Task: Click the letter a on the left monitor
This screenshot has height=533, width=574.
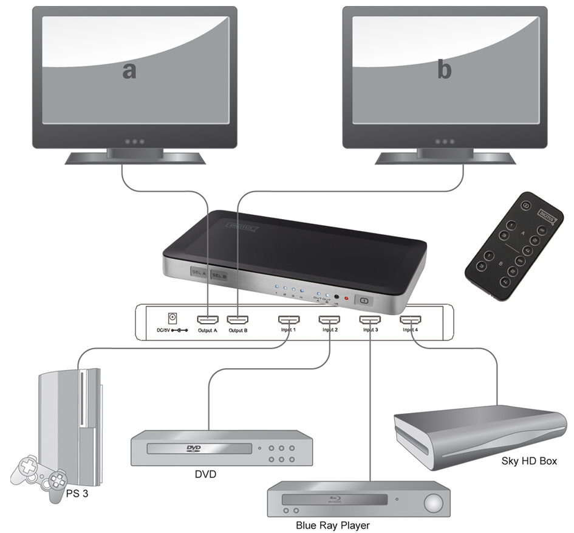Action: (x=129, y=71)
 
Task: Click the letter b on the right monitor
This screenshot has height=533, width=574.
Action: (x=445, y=70)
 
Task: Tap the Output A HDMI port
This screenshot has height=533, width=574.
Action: (x=207, y=319)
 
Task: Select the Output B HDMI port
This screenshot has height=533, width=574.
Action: (x=237, y=319)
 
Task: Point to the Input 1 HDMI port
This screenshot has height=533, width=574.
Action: (x=287, y=319)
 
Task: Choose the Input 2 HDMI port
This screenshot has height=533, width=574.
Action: (x=329, y=319)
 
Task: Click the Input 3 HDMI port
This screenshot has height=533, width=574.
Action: (x=369, y=319)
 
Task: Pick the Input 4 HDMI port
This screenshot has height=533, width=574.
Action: (x=410, y=319)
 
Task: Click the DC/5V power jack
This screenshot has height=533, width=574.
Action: (x=173, y=318)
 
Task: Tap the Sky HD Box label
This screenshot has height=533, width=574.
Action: (x=528, y=461)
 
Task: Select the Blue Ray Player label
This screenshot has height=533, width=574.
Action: (x=332, y=525)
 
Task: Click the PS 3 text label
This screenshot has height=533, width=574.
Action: (x=77, y=493)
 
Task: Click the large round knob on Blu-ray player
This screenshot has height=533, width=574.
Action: (x=433, y=503)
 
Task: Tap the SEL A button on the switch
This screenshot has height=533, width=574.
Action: (x=199, y=273)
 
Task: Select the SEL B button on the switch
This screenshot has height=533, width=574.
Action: (x=219, y=276)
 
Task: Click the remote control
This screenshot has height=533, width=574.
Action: (x=514, y=246)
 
